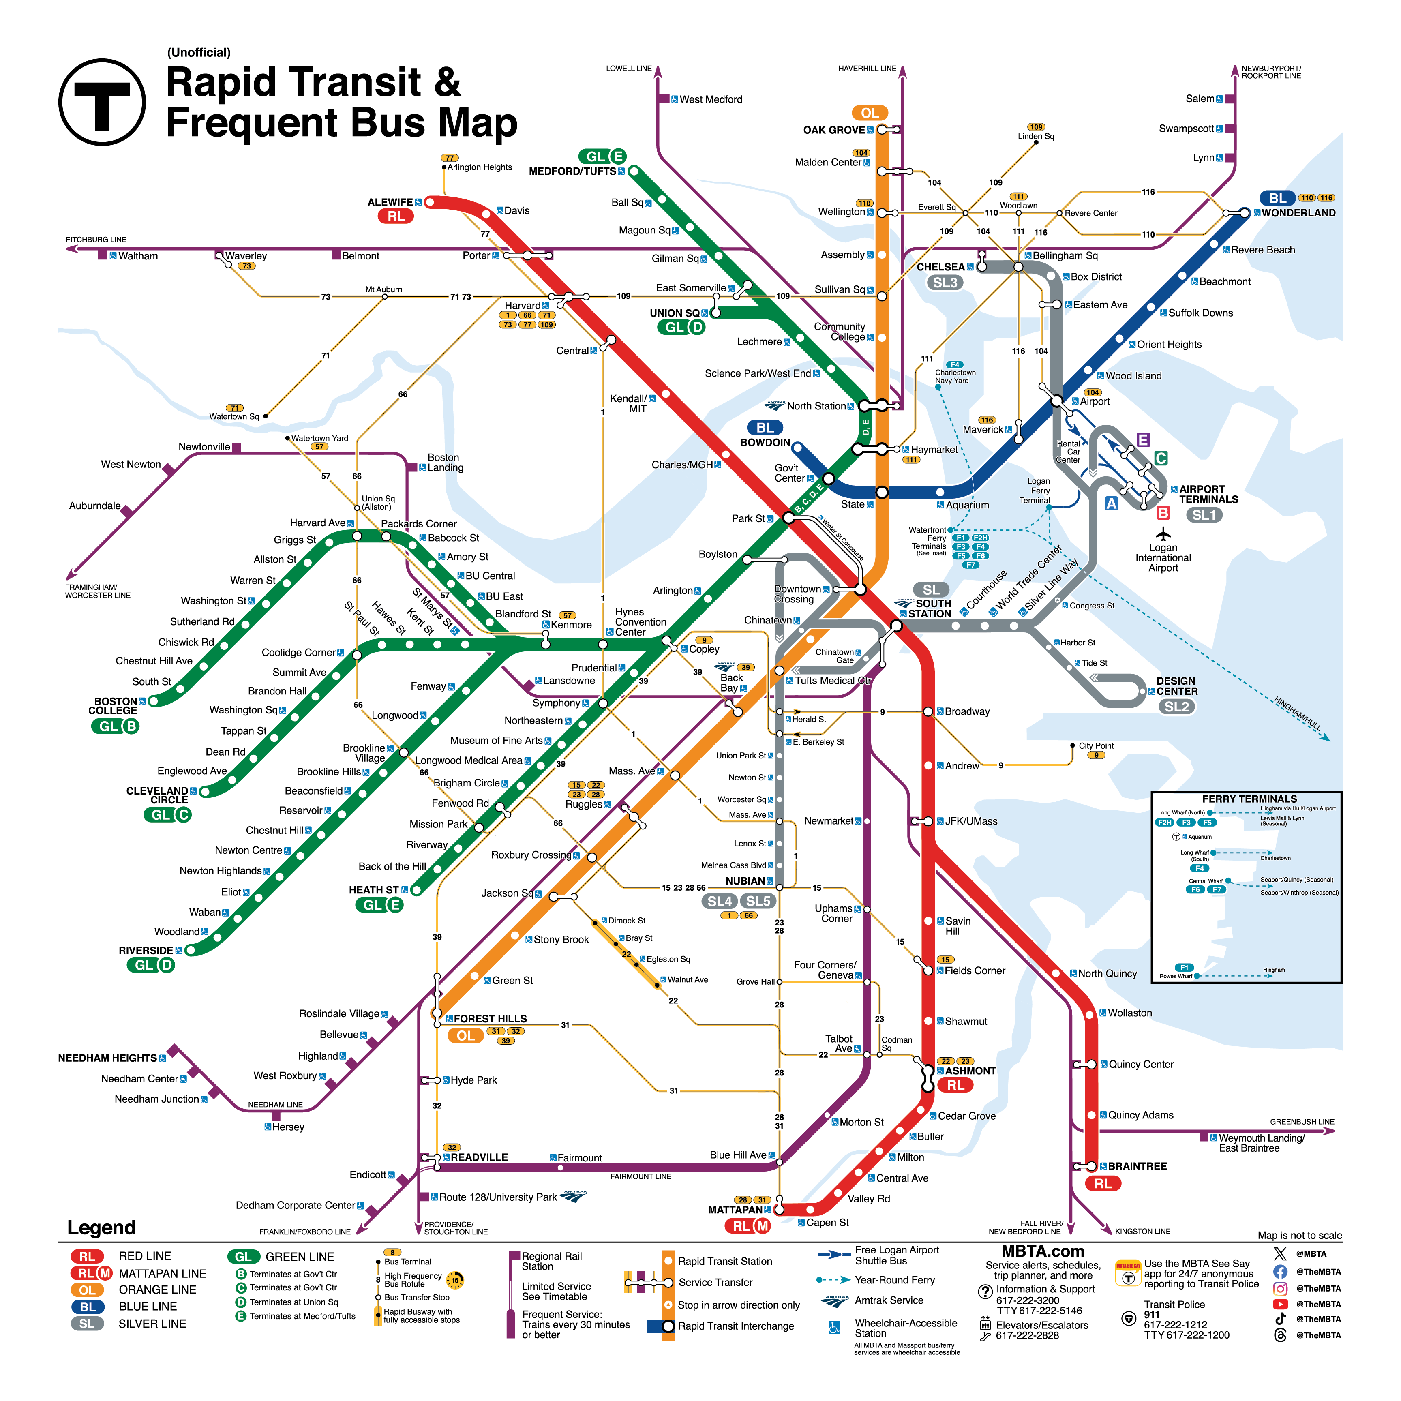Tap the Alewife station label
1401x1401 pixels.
[390, 202]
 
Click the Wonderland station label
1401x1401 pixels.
[1298, 213]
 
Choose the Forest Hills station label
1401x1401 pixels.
[490, 1019]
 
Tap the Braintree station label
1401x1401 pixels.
[1137, 1166]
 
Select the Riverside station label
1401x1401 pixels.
[146, 951]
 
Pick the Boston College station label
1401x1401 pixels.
[115, 706]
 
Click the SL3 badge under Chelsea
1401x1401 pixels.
[945, 283]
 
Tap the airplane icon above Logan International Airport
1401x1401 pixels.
[1163, 534]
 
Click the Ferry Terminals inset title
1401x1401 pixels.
[1249, 798]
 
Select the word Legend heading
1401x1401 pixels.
[101, 1227]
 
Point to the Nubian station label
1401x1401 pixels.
[745, 881]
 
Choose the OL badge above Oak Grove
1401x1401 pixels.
[870, 113]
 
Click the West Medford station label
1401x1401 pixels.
[711, 99]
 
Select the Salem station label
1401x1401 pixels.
[1200, 99]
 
